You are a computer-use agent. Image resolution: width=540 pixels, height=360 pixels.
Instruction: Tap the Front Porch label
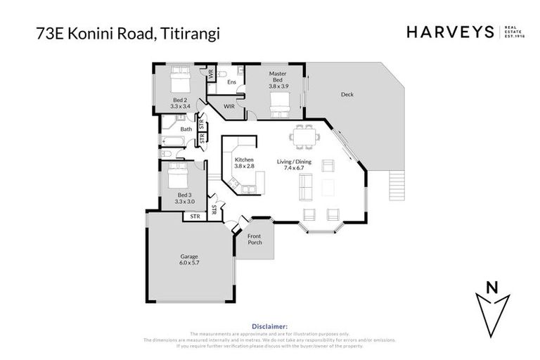click(254, 240)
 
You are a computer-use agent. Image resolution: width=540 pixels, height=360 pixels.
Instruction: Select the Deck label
click(347, 94)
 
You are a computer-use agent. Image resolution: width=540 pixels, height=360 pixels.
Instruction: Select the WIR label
click(229, 106)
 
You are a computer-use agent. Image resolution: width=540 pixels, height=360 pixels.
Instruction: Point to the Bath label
click(186, 129)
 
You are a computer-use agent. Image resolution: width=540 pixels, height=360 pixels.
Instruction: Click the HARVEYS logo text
click(450, 32)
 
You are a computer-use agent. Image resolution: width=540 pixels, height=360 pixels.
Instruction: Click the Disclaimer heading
click(269, 326)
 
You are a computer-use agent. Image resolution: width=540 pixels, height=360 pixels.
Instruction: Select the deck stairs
click(399, 186)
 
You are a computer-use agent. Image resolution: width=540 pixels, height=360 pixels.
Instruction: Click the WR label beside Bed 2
click(210, 72)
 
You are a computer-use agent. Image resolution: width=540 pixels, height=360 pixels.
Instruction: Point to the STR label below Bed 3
click(195, 217)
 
